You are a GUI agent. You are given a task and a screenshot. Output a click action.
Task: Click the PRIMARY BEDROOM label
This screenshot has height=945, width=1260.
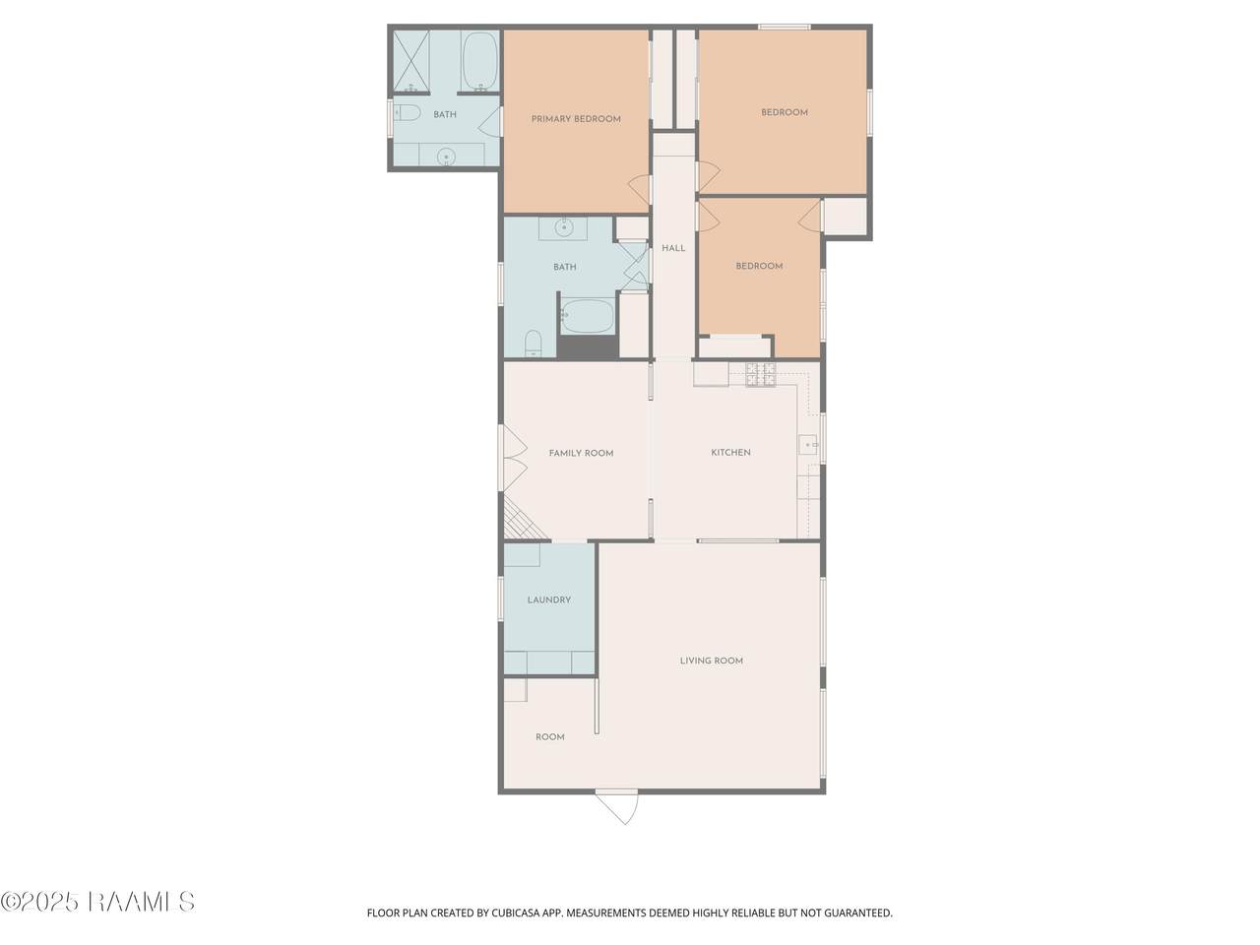[x=576, y=119]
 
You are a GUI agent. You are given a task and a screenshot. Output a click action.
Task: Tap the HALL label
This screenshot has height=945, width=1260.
[x=673, y=248]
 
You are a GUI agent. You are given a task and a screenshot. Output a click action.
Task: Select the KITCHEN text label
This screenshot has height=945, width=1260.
[x=730, y=452]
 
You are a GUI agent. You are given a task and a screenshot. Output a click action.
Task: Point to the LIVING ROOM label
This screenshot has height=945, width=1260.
[x=712, y=661]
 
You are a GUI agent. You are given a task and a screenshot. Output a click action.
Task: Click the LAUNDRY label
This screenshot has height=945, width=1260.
[x=548, y=599]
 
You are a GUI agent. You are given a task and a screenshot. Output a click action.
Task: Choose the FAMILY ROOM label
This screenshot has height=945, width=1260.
[x=581, y=453]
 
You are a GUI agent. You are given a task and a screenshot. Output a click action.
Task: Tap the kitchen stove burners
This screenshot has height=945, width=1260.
[x=761, y=375]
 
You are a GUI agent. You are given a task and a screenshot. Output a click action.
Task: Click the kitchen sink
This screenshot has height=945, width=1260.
[x=808, y=445]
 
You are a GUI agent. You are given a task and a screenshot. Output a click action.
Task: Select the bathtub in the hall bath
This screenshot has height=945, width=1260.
[x=588, y=316]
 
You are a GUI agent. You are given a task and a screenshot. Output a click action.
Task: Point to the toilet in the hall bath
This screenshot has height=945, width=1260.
[x=534, y=344]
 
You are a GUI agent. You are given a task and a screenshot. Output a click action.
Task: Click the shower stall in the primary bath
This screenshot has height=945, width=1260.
[x=411, y=62]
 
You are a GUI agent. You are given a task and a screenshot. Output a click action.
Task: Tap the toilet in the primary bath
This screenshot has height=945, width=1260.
[x=407, y=112]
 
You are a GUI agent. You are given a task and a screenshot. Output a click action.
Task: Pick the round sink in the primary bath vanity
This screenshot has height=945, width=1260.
[x=446, y=157]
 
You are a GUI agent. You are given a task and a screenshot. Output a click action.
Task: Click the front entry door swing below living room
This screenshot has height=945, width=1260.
[x=616, y=807]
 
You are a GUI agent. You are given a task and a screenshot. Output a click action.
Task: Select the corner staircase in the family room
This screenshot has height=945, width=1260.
[x=523, y=521]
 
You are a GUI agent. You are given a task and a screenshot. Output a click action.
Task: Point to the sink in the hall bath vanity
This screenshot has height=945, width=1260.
[x=564, y=227]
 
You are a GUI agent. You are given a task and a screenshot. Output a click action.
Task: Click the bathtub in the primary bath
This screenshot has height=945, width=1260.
[x=479, y=61]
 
